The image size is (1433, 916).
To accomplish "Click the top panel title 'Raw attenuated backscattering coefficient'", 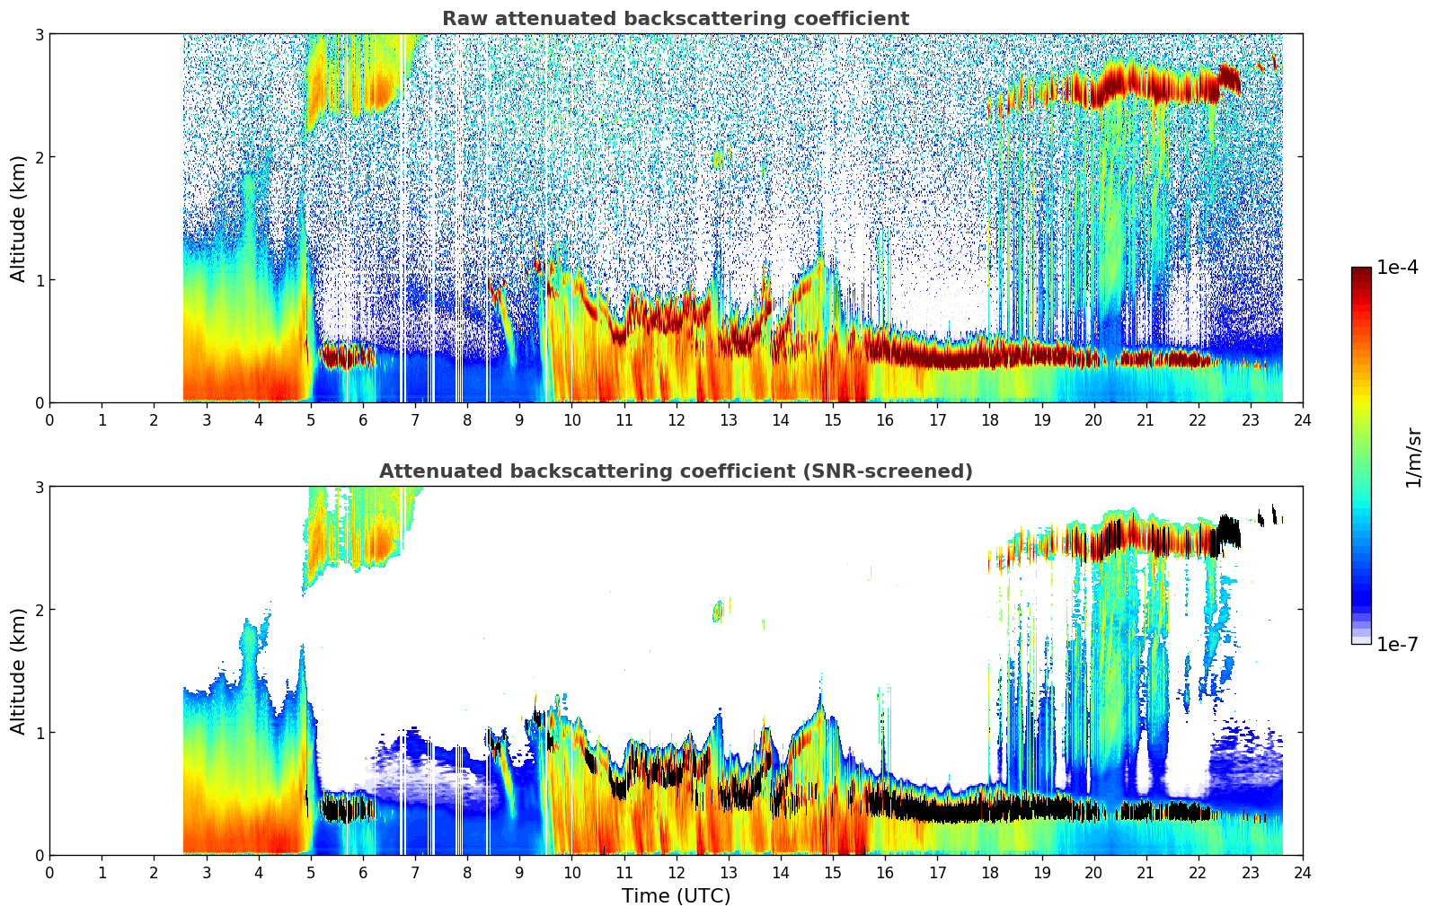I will click(675, 19).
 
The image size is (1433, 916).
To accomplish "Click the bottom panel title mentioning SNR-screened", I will click(675, 471).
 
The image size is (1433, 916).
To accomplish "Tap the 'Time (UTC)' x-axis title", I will click(676, 895).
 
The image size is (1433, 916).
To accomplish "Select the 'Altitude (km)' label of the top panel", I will click(19, 218).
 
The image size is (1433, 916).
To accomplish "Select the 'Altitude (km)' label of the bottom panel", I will click(19, 671).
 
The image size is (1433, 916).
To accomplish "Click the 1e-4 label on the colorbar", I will click(1397, 268).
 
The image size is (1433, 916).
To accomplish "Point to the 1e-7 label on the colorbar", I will click(1397, 644).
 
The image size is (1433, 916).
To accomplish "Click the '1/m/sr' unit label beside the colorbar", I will click(1413, 457).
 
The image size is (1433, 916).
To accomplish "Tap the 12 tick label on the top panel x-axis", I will click(676, 419).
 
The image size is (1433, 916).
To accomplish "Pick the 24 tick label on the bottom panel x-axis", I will click(1302, 872).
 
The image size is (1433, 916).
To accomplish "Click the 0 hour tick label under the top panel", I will click(49, 419).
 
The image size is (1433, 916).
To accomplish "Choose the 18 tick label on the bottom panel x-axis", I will click(988, 872).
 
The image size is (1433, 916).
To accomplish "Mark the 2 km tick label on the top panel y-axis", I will click(39, 157).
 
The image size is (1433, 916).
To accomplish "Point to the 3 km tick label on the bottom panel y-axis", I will click(39, 487).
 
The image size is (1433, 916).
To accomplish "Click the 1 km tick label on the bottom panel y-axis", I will click(39, 733).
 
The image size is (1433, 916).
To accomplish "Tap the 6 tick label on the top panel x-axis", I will click(363, 419).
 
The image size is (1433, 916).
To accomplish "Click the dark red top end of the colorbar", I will click(1360, 271).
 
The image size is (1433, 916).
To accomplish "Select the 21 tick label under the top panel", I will click(1146, 419).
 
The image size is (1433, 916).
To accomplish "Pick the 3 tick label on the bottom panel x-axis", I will click(207, 872).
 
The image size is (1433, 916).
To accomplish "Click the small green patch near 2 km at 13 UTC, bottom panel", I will click(717, 612).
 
